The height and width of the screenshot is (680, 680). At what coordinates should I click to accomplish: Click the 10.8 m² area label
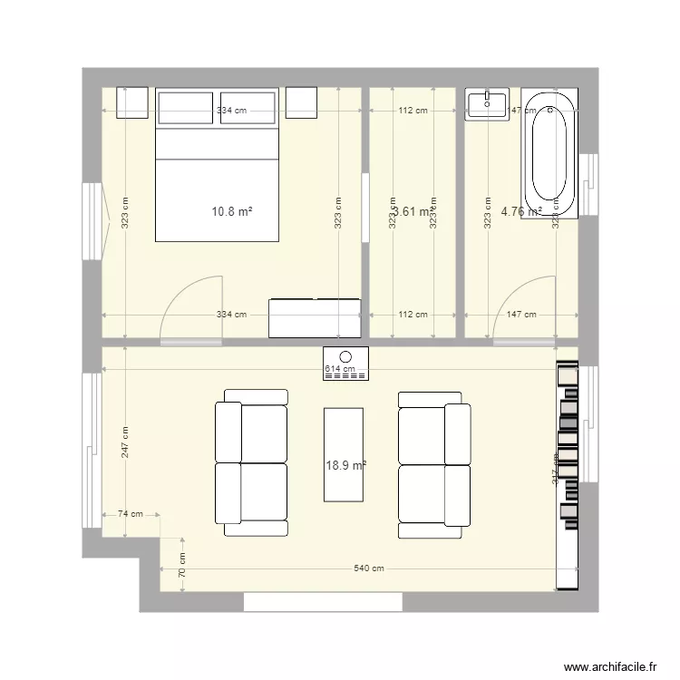(231, 212)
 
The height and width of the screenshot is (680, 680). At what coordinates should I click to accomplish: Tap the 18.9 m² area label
(345, 465)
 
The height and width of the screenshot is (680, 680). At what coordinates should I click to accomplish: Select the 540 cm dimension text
(369, 568)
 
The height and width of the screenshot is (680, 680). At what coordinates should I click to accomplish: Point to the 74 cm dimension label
(131, 514)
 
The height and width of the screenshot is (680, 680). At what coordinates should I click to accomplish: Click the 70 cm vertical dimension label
(181, 566)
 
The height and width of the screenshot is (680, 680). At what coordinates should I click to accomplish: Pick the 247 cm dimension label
(124, 442)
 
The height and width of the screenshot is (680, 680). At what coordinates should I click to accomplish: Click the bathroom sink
(489, 104)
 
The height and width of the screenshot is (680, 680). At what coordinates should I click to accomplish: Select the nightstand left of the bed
(131, 102)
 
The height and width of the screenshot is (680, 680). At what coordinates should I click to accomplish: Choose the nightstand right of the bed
(301, 102)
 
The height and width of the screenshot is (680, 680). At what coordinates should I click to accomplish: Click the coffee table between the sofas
(344, 453)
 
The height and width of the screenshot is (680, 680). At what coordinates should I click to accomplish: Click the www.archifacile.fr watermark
(610, 666)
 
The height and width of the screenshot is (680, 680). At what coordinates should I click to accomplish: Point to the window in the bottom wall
(322, 601)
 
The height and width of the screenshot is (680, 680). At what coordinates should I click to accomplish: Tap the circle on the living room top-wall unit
(345, 357)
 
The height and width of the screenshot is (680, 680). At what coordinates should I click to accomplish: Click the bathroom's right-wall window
(588, 188)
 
